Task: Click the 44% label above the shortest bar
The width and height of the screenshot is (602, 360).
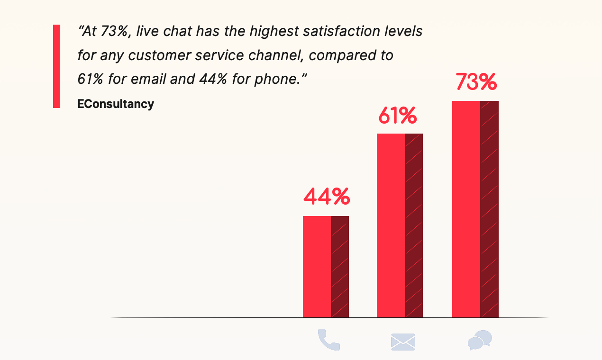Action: [x=326, y=197]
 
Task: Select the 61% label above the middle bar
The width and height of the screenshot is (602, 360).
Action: [x=397, y=116]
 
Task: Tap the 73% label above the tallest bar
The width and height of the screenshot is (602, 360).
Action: [x=476, y=82]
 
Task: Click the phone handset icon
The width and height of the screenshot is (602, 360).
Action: [x=328, y=340]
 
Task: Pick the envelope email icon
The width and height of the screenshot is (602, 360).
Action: [x=403, y=342]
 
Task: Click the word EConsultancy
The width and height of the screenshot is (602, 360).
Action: [x=116, y=104]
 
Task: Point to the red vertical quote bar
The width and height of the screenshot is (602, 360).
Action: [x=56, y=66]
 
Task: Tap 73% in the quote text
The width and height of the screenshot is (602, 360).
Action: [x=114, y=32]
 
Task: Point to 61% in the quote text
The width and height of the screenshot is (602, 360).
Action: [x=90, y=79]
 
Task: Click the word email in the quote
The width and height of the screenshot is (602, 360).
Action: [x=146, y=79]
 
